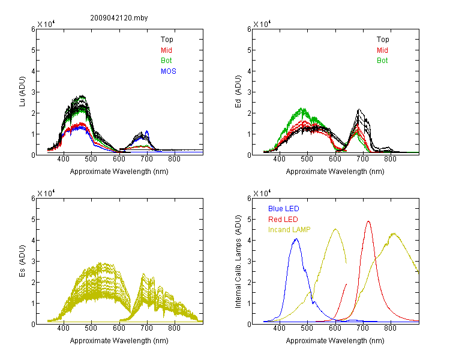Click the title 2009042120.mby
119,18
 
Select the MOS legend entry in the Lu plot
169,71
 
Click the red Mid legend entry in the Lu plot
166,50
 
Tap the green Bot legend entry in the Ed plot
382,61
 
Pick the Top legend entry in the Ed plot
383,40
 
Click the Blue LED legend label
284,209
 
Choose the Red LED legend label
283,220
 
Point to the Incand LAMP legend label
289,230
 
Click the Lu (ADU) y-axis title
22,92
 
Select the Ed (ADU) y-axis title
238,92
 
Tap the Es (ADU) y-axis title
22,261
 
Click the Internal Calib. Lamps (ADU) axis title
238,262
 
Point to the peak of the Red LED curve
368,221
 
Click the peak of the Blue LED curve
296,239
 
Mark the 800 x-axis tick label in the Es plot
174,328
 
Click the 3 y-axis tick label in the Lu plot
33,92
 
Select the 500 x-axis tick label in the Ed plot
307,159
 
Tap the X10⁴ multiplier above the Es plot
46,193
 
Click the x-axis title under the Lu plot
119,172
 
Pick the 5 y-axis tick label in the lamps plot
249,220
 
